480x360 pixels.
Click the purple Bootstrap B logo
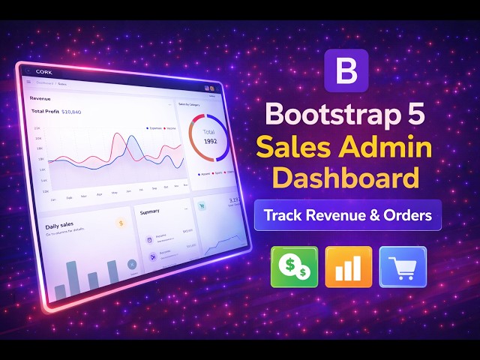[346, 72]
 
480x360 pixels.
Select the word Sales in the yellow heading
[295, 148]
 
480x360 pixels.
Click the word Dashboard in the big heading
[346, 179]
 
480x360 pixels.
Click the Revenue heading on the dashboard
[40, 97]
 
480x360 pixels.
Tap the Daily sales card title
[61, 226]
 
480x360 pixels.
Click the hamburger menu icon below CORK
[29, 82]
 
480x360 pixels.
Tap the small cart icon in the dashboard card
[202, 204]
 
